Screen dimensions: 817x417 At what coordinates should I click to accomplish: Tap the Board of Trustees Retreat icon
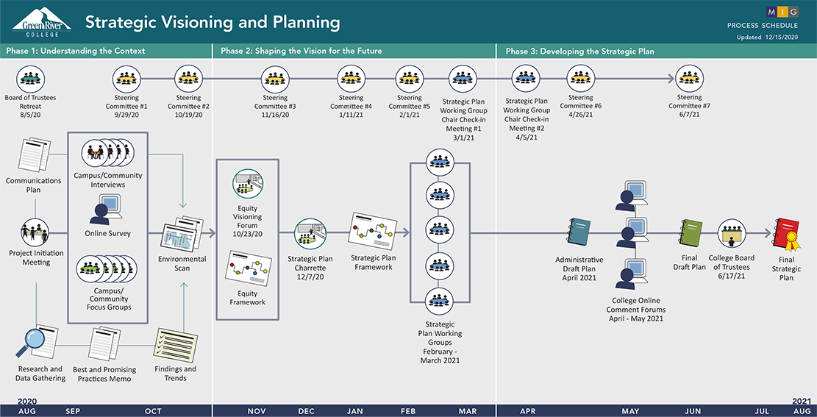click(x=31, y=79)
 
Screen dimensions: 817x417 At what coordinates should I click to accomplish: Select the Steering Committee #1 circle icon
click(x=126, y=79)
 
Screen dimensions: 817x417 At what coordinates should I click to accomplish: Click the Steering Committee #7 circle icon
click(x=689, y=79)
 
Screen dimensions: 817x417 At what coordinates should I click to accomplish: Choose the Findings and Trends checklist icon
click(x=176, y=344)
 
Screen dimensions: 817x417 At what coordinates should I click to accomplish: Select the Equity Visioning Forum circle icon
click(x=248, y=183)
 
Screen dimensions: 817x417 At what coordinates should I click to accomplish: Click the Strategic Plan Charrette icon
click(x=310, y=234)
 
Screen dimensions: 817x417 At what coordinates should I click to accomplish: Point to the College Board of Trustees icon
click(x=732, y=233)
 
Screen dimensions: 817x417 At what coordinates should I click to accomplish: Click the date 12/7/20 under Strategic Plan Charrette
click(x=311, y=277)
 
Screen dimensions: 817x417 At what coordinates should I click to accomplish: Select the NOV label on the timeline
click(x=257, y=411)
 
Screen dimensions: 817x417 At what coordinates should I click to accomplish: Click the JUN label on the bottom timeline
click(x=693, y=411)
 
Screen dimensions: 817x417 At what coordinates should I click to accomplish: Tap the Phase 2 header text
click(x=302, y=51)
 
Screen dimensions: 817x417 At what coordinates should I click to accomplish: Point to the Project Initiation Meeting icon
click(x=35, y=232)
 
